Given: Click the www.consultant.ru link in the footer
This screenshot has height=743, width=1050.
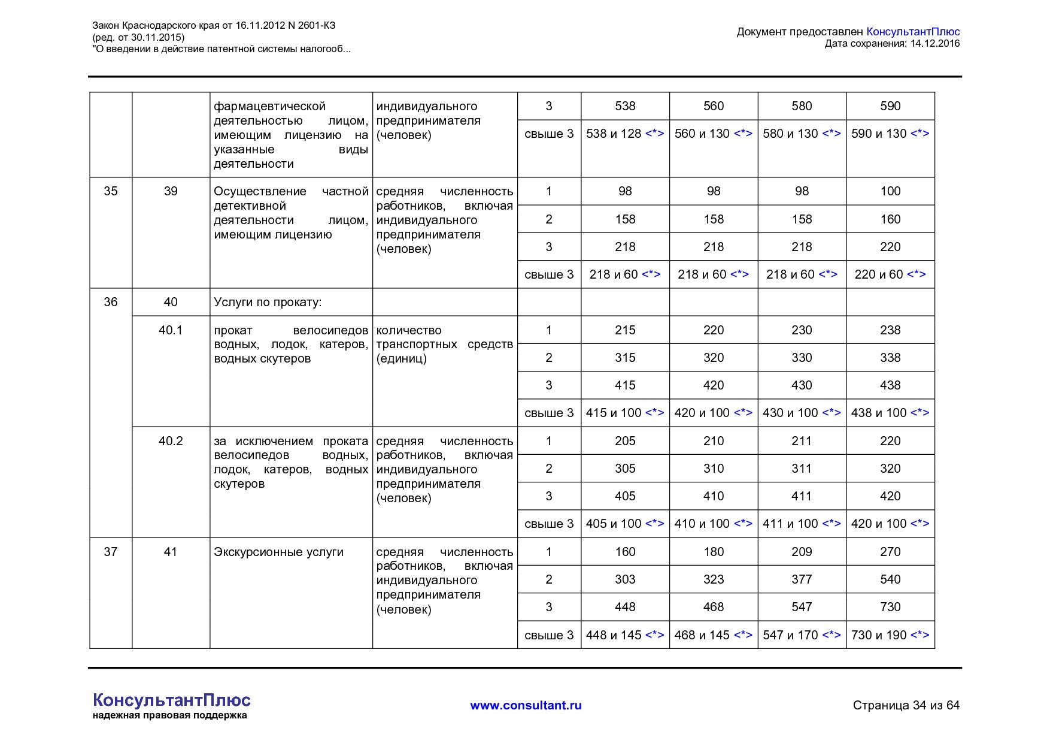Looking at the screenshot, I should coord(526,705).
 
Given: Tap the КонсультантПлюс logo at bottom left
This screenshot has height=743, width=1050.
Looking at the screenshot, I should coord(171,700).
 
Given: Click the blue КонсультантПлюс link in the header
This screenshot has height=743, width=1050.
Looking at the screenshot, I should coord(913,32).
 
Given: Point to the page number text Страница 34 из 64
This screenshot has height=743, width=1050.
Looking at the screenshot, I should coord(906,705).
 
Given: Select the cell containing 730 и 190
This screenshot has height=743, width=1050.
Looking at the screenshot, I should coord(890,635).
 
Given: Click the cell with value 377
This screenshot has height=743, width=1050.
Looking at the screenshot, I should coord(802,579).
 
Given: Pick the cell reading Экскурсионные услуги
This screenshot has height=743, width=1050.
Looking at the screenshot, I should coord(278,552).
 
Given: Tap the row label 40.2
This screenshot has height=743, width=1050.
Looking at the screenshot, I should coord(171,441).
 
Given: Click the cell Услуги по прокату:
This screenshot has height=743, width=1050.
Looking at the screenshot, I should coord(268,302).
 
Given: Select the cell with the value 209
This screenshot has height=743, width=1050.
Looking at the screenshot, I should coord(802,552).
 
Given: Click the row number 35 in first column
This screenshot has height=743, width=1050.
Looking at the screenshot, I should coord(111,191).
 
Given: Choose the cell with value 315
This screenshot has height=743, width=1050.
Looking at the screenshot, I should coord(625,358).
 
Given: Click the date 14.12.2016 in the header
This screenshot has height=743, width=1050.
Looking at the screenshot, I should coord(934,43).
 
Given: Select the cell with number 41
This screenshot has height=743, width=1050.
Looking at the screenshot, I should coord(171,552).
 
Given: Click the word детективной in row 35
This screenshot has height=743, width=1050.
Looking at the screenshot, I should coord(250,206).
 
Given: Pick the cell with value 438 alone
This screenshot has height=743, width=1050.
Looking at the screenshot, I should coord(890,385).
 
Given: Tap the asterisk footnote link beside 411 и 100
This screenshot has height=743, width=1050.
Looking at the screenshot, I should coord(831,524).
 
